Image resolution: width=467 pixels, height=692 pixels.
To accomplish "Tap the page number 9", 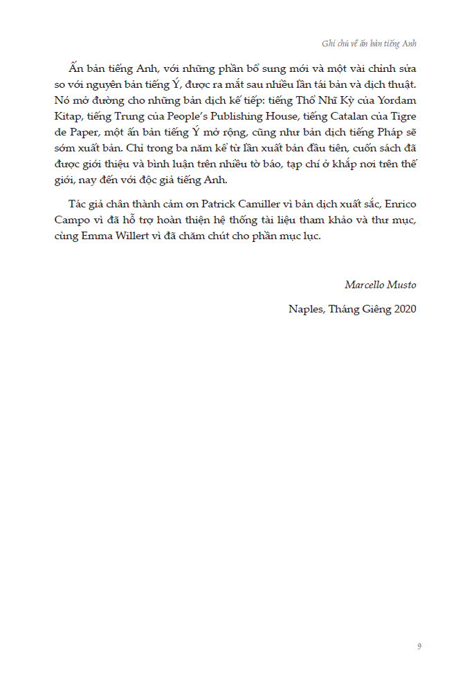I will pyautogui.click(x=419, y=646).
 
